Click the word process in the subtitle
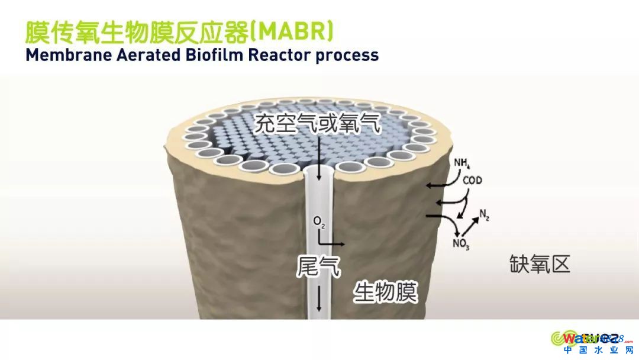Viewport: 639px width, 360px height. pyautogui.click(x=346, y=56)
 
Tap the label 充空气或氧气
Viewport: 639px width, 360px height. pyautogui.click(x=318, y=124)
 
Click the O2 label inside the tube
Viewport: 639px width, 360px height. pyautogui.click(x=319, y=222)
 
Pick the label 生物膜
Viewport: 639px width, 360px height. pyautogui.click(x=386, y=292)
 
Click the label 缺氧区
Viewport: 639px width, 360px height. pyautogui.click(x=540, y=264)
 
